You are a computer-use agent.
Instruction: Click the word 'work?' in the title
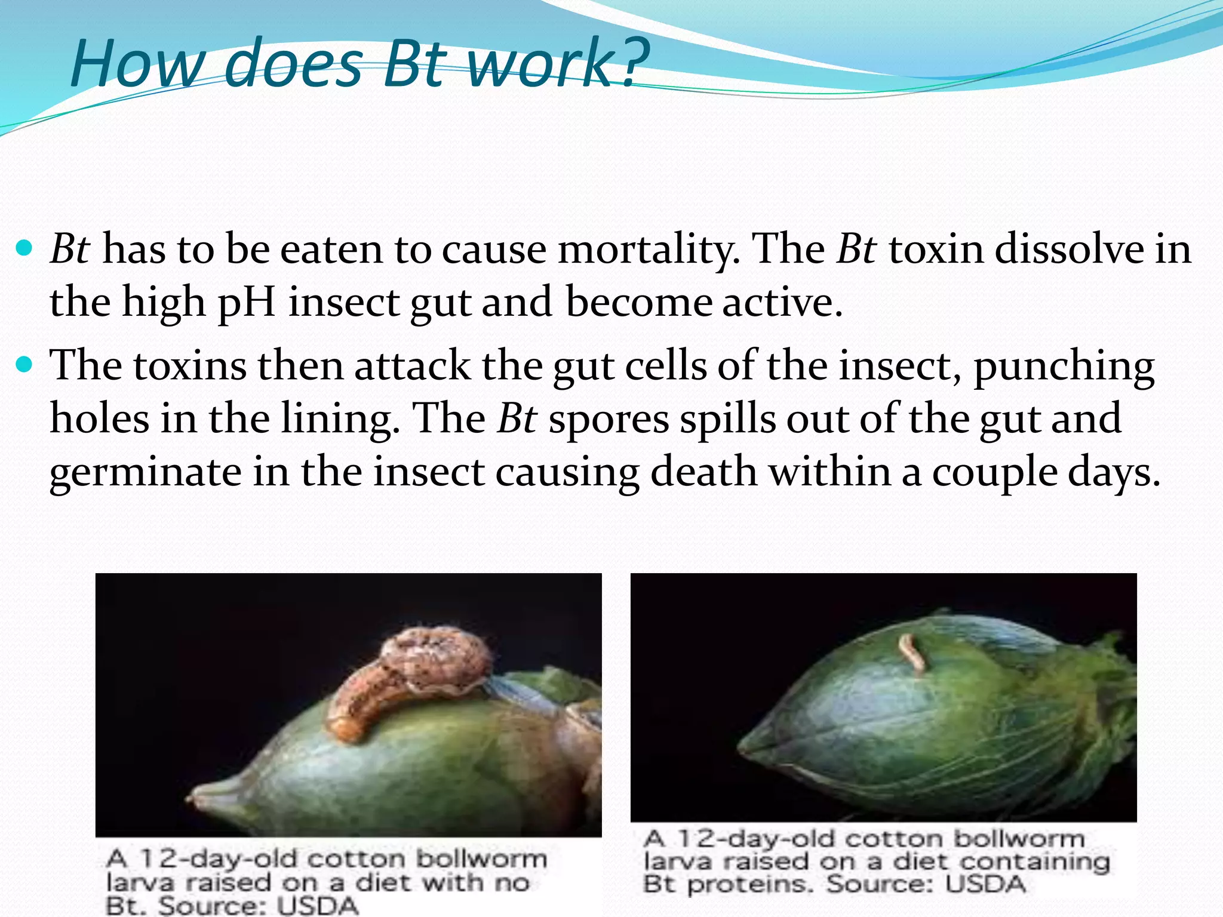[x=558, y=63]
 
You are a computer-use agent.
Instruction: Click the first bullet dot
[x=24, y=248]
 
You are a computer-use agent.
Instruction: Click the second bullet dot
[x=24, y=364]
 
